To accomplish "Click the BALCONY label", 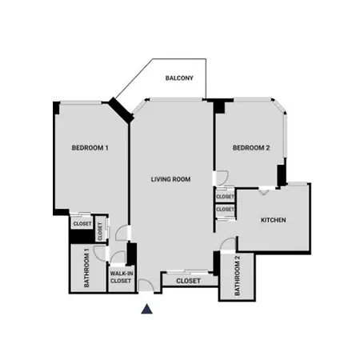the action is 179,78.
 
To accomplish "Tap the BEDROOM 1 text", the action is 90,148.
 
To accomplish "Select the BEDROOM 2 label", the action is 251,148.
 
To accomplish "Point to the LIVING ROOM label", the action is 170,179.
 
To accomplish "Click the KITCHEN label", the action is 274,220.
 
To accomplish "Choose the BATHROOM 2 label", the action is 238,275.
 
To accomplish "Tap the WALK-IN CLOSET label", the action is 121,277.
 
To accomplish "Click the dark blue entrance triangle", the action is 146,309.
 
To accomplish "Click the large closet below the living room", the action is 188,281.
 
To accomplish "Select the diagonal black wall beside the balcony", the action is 122,110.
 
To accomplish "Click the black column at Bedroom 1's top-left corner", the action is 56,108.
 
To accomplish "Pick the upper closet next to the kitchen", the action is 225,197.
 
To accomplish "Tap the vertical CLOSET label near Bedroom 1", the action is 100,231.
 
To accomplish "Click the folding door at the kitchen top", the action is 264,191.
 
